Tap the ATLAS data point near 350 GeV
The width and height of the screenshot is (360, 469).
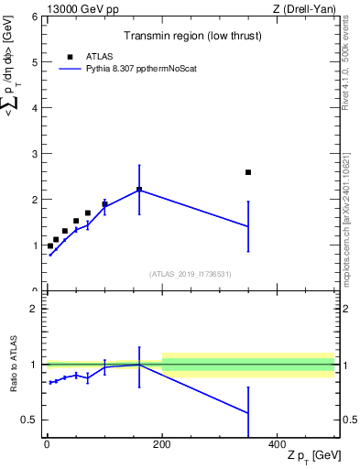coord(248,172)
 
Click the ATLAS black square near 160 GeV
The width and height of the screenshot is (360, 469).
coord(139,190)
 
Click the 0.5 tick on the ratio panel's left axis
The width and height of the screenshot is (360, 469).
coord(30,420)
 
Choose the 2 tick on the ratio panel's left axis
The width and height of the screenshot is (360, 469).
coord(34,309)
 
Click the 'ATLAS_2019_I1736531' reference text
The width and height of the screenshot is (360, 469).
coord(191,274)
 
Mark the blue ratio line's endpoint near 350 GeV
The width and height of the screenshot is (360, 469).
coord(248,413)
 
